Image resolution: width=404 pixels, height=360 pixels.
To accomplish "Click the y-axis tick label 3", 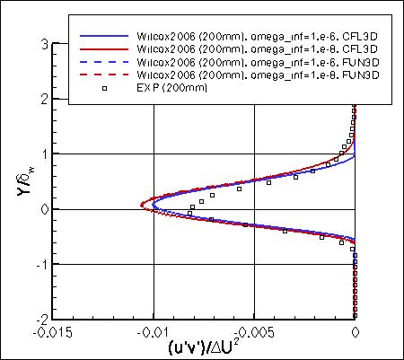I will tap(43, 43).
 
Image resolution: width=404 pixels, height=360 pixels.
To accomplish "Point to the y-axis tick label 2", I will tap(43, 99).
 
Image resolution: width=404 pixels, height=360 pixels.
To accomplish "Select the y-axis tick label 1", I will tap(43, 154).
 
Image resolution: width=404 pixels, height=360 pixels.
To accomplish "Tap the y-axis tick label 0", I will tap(43, 209).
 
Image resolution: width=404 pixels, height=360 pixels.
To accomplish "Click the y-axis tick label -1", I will tap(40, 264).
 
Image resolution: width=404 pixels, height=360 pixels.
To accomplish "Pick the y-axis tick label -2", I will tap(40, 320).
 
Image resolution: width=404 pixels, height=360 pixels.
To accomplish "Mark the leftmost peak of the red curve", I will tap(141, 206).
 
